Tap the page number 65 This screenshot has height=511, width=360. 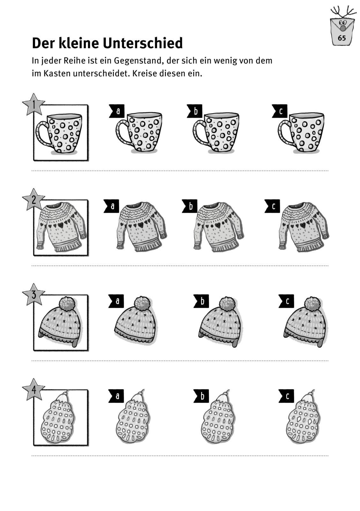tap(342, 38)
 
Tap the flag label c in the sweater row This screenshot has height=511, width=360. tap(272, 206)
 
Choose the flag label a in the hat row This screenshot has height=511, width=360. tap(116, 301)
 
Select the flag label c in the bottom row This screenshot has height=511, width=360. tap(286, 396)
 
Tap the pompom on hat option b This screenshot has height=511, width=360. tap(227, 304)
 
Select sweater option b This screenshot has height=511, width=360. tap(219, 227)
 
